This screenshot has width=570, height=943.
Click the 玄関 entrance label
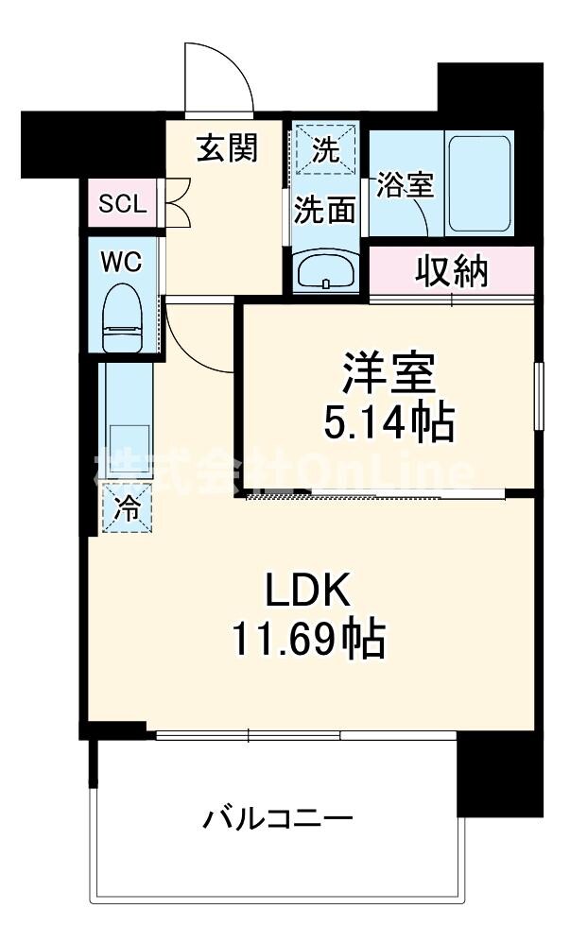227,149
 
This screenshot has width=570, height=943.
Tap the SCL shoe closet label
123,203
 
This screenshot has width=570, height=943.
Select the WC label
123,262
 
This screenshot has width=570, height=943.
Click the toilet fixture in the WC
122,317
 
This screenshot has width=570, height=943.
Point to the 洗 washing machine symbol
325,150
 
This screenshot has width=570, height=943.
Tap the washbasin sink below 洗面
325,272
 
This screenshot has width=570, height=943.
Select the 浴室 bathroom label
405,184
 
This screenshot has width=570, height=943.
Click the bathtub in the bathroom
479,183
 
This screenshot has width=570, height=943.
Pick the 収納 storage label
452,272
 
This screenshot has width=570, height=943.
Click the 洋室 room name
389,372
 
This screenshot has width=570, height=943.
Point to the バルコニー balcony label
278,817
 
